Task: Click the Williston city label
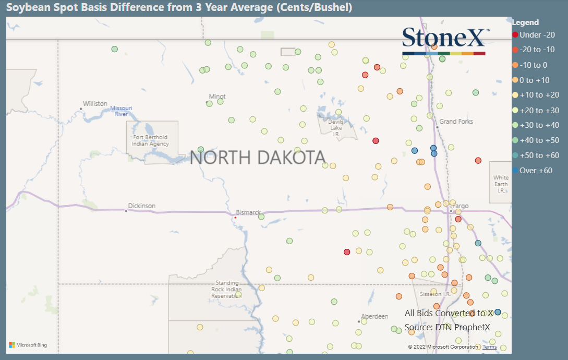click(95, 104)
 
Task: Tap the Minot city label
click(217, 97)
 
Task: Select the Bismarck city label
click(248, 212)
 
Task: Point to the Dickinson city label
click(142, 206)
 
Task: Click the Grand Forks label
click(456, 122)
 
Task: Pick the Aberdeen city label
click(374, 317)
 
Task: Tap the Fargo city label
click(461, 206)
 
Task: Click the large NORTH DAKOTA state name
click(257, 158)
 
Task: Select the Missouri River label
click(121, 111)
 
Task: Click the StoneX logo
click(444, 40)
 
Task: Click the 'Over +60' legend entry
click(535, 171)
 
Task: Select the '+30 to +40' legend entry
click(539, 125)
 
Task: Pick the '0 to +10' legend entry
click(534, 80)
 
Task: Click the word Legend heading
click(525, 22)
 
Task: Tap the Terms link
click(489, 347)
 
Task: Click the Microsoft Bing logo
click(28, 345)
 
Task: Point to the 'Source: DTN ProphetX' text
click(447, 328)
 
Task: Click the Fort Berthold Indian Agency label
click(150, 141)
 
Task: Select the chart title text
click(179, 7)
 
